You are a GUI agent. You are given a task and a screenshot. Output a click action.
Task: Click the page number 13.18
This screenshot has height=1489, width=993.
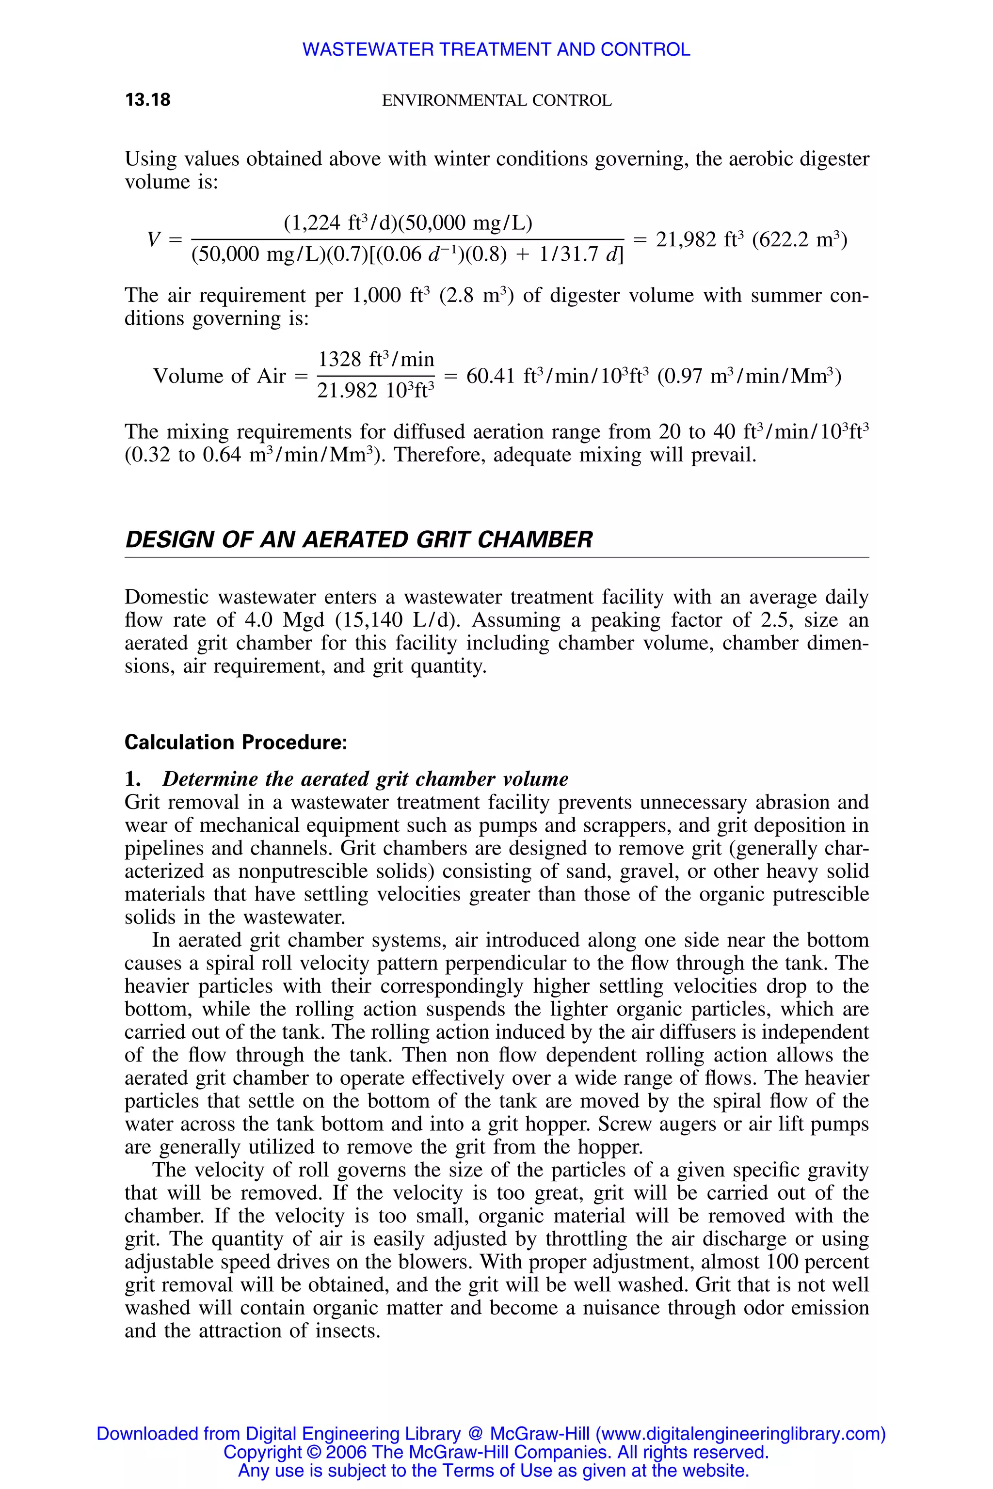pos(147,100)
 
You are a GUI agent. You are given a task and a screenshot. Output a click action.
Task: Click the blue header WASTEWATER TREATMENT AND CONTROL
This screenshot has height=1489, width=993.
pos(496,49)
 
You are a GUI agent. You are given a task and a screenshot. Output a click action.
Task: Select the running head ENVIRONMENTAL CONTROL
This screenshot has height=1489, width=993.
pos(496,101)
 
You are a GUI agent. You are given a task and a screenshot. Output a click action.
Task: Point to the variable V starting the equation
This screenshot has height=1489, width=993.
pos(154,240)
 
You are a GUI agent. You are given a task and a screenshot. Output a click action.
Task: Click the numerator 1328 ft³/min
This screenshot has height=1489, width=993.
pos(376,360)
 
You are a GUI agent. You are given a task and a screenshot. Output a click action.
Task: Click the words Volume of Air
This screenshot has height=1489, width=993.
pos(220,376)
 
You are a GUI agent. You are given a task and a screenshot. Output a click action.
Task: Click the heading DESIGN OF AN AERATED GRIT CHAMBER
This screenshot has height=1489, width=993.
pos(358,539)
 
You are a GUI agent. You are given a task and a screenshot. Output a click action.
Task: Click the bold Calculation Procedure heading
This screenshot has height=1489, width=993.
pos(236,742)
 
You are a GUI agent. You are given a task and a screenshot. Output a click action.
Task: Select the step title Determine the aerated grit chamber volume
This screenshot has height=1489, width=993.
pos(365,779)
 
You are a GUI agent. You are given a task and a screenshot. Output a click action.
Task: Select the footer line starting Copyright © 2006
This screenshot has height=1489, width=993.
pos(496,1452)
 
